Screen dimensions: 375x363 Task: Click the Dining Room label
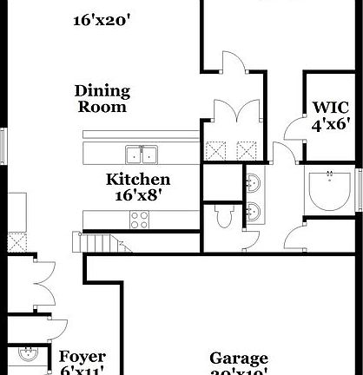coord(102,99)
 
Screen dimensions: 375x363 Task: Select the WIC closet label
coord(331,109)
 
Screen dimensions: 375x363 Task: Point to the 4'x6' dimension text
coord(331,125)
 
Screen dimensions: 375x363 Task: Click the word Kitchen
coord(137,180)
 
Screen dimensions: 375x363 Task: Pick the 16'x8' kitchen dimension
coord(137,196)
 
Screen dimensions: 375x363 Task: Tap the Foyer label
coord(82,357)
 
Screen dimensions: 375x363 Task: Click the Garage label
coord(239,359)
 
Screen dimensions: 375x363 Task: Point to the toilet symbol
coord(222,217)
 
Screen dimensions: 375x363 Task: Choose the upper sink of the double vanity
coord(253,184)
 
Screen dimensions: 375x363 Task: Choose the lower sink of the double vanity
coord(253,213)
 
